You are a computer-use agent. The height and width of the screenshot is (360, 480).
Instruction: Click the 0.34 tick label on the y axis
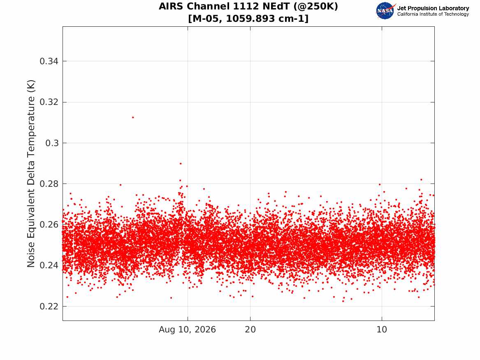tap(49, 61)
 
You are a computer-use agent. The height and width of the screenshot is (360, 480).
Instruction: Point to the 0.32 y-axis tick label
tap(49, 102)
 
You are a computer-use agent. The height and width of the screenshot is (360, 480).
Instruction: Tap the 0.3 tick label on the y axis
tap(52, 143)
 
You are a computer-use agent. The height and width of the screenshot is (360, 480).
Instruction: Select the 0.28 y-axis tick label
tap(49, 183)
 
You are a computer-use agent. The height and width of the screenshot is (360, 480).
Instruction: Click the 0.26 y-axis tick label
tap(49, 224)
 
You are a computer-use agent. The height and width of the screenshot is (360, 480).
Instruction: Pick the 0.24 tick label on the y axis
tap(49, 265)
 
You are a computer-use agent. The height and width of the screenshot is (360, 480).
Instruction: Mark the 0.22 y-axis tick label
tap(49, 306)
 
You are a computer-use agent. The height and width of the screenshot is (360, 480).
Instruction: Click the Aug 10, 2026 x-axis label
tap(187, 330)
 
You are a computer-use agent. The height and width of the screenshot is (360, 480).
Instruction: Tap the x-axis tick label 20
tap(250, 330)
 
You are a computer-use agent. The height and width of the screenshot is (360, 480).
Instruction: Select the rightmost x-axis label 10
tap(382, 330)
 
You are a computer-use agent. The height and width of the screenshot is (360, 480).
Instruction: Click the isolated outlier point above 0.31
tap(133, 117)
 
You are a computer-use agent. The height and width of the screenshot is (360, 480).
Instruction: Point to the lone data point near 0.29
tap(181, 163)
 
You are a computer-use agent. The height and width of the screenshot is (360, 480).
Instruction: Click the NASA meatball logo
tap(385, 11)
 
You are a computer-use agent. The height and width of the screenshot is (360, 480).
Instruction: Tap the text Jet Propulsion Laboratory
tap(433, 8)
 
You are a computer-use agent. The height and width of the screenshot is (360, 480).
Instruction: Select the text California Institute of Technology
tap(433, 14)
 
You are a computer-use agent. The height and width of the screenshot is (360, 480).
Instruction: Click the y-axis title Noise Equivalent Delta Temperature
tap(31, 173)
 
